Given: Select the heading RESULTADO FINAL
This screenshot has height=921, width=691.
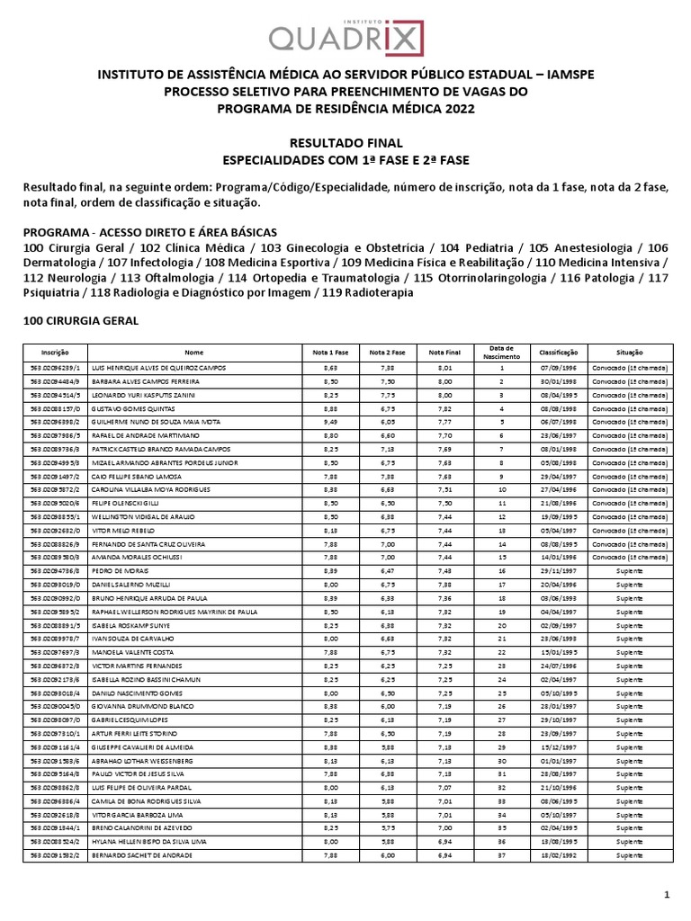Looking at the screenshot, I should pos(345,143).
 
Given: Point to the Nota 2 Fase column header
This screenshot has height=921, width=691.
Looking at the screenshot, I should pos(387,352).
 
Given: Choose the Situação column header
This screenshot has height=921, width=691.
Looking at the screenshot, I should pos(630,352).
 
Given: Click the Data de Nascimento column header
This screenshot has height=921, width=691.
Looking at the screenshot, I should pos(502,352).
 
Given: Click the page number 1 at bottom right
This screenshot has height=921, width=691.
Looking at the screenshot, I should pos(667,893).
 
